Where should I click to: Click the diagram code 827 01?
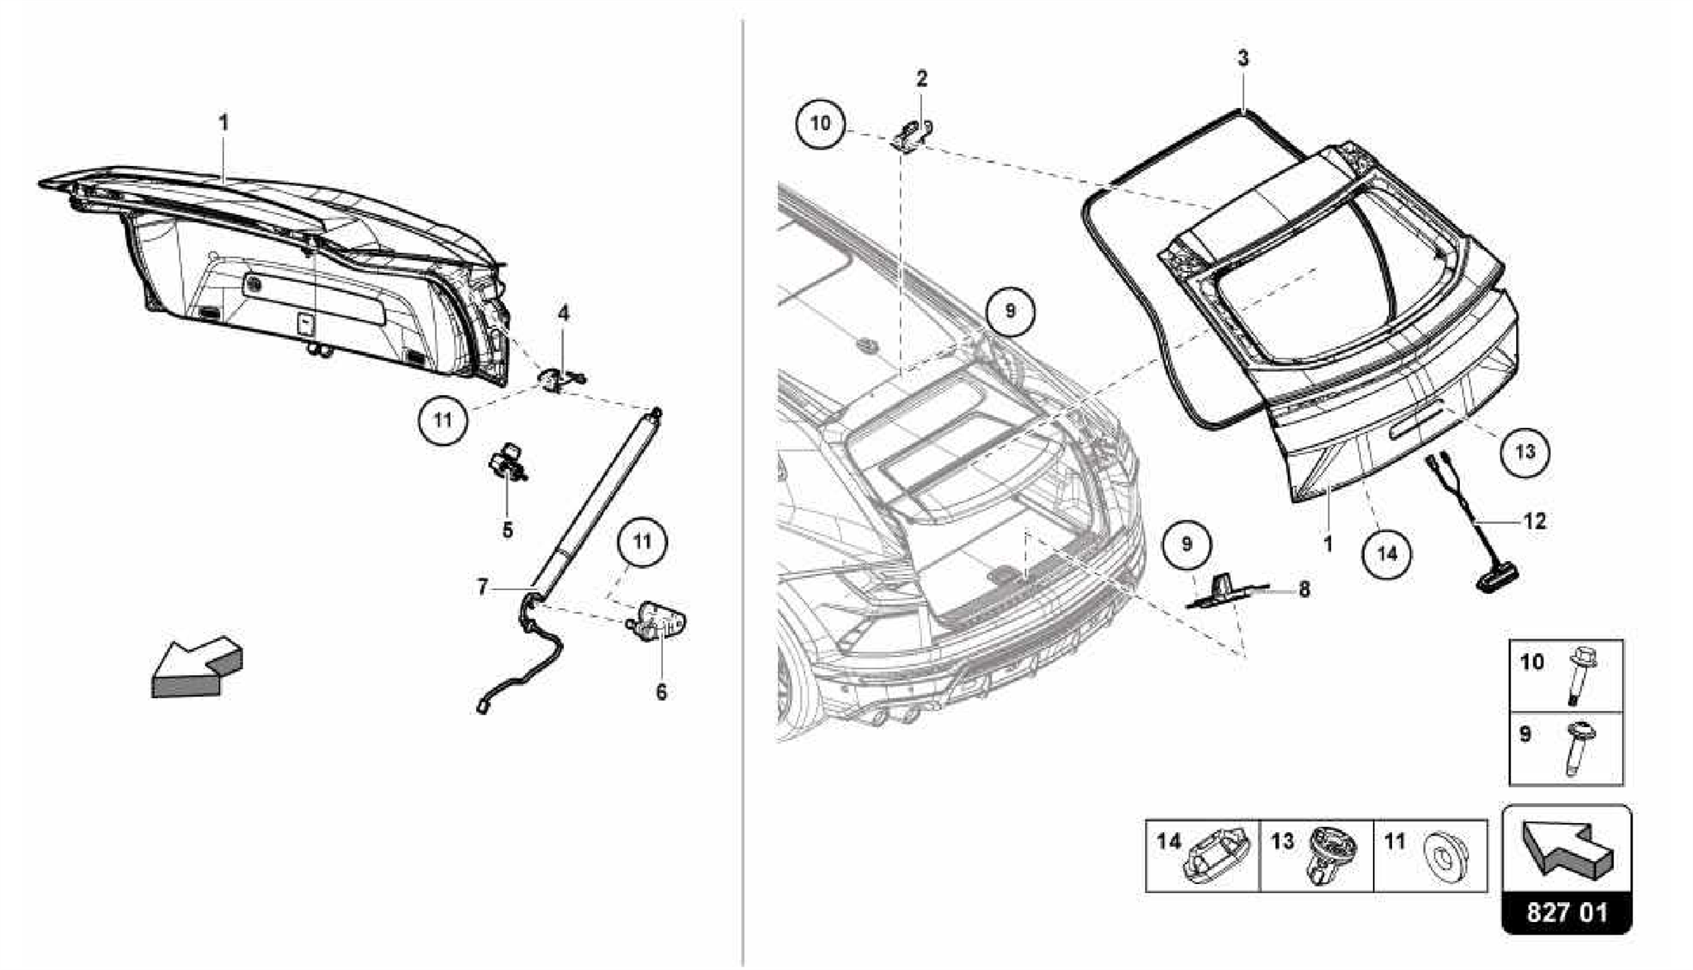[1567, 912]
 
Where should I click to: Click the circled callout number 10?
[820, 124]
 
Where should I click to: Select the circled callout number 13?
[1525, 451]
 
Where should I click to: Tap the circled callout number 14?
[1387, 553]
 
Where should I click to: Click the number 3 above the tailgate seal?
[1242, 59]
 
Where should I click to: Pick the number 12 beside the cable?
[1533, 521]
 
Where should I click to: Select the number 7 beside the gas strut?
[483, 587]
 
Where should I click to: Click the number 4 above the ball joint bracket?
[563, 313]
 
